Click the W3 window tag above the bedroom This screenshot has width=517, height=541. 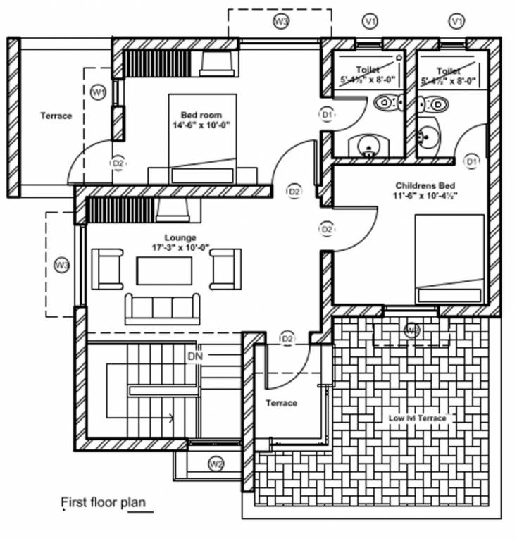(280, 21)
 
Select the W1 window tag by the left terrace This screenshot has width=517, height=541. (99, 92)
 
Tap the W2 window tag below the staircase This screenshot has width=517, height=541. (216, 463)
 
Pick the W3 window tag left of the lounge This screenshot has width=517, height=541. (62, 265)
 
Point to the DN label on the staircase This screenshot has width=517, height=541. (195, 356)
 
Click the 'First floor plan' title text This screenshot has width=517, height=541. (104, 503)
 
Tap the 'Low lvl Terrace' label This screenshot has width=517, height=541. (417, 418)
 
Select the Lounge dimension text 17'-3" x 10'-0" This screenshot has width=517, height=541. (180, 247)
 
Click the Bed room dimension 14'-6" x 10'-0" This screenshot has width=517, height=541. (201, 125)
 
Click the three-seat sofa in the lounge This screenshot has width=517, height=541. (161, 308)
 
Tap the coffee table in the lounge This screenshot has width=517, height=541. (164, 270)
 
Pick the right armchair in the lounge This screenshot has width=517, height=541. (225, 269)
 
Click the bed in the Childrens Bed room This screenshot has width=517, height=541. (449, 259)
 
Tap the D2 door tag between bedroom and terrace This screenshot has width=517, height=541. (118, 163)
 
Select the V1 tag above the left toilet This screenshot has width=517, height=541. (370, 22)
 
